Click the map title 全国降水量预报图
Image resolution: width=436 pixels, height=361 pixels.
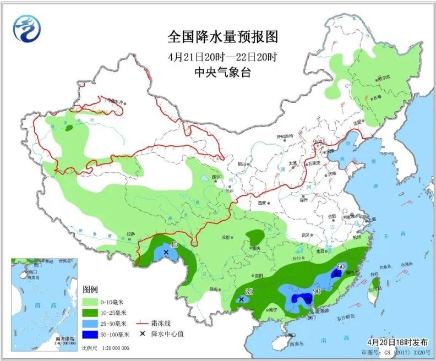click(x=222, y=37)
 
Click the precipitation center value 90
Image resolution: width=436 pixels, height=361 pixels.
click(x=317, y=291)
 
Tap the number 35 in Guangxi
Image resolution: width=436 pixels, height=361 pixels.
click(x=249, y=291)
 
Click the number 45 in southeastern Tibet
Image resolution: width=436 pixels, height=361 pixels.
click(x=174, y=245)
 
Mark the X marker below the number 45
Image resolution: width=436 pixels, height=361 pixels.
click(x=165, y=252)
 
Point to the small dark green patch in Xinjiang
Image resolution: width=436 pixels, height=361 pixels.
click(x=69, y=128)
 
